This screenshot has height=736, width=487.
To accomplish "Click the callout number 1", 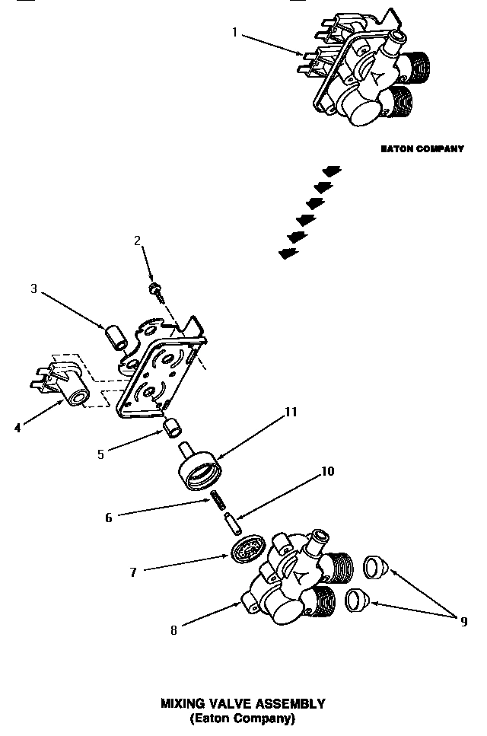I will [235, 32].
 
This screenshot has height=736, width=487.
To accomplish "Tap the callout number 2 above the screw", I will [138, 241].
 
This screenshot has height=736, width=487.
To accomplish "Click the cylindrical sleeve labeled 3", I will [116, 337].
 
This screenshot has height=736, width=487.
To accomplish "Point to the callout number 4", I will [17, 428].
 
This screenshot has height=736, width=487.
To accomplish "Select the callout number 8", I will [174, 630].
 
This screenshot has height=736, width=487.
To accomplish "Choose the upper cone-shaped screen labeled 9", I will [374, 566].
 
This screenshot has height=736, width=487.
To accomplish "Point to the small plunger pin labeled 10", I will [232, 524].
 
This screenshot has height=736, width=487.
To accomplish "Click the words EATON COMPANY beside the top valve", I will [422, 149].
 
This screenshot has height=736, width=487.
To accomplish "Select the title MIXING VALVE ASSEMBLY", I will [243, 704].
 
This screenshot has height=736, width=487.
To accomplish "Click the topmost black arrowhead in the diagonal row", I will [332, 170].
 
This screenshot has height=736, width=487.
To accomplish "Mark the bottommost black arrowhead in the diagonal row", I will [288, 254].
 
